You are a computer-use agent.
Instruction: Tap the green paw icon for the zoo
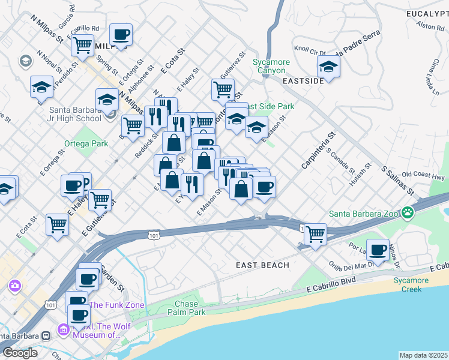408,212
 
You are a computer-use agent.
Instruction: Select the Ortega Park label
86,143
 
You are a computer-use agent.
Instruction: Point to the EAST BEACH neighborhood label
262,265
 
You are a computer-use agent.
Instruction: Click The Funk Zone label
117,305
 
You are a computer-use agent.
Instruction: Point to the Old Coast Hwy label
423,175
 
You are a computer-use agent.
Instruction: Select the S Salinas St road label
398,179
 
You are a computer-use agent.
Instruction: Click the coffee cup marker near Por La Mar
378,250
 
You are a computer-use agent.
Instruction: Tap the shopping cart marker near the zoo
315,233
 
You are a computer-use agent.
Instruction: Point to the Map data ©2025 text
424,355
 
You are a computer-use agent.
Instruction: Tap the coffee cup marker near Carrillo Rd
121,35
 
